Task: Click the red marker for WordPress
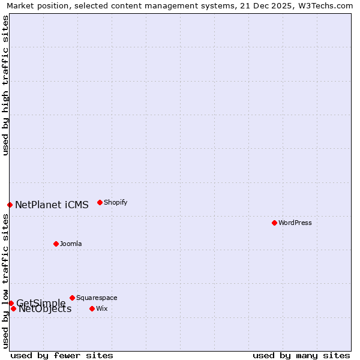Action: click(274, 223)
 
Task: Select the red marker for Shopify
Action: click(100, 202)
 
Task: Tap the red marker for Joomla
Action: click(56, 244)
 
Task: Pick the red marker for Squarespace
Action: click(72, 298)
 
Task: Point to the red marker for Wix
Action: click(92, 308)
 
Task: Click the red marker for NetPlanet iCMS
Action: click(10, 205)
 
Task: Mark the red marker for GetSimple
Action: click(11, 303)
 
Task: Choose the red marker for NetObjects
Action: click(13, 308)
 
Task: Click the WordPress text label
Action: click(295, 223)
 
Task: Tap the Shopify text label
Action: click(116, 202)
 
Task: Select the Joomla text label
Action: click(71, 244)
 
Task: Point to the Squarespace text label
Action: click(97, 298)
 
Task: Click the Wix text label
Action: click(102, 308)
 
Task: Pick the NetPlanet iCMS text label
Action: click(52, 205)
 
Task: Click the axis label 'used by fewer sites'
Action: click(62, 356)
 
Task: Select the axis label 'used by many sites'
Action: click(301, 356)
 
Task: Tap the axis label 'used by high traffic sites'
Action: click(5, 85)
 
